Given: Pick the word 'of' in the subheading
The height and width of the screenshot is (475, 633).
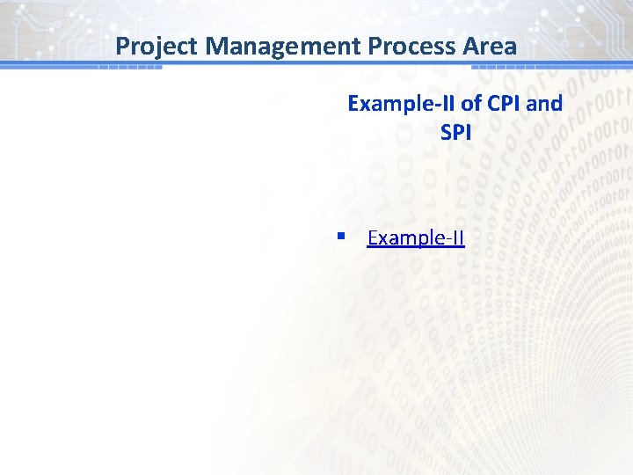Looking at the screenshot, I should tap(471, 104).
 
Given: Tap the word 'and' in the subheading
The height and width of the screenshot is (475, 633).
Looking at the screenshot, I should tap(546, 104).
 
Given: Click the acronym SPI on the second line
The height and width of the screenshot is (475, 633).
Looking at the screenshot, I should tap(455, 133).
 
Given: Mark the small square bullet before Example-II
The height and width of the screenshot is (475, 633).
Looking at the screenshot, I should tap(340, 237).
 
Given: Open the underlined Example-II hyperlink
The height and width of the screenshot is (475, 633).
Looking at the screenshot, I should tap(415, 238).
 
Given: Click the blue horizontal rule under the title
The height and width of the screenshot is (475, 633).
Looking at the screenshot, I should tap(316, 63).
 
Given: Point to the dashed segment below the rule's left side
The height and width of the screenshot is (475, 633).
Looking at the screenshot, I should tap(129, 68).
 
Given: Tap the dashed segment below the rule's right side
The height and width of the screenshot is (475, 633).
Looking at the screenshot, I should tap(503, 68).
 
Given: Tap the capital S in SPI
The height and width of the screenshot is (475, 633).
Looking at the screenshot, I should tap(446, 133).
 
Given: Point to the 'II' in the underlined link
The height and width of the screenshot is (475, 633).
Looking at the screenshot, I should tap(457, 238).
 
